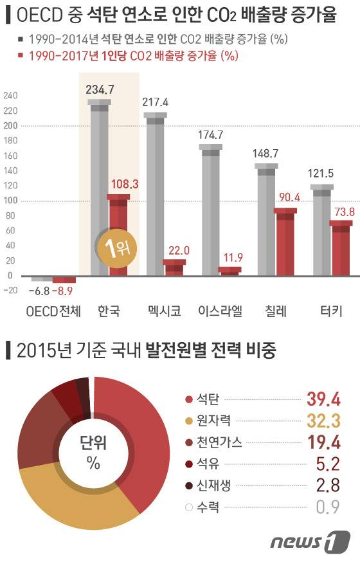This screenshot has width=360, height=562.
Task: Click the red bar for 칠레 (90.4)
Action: [285, 241]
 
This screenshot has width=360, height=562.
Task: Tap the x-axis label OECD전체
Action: [53, 312]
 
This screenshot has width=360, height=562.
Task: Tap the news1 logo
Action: [310, 543]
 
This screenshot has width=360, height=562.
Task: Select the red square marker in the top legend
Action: [21, 55]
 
